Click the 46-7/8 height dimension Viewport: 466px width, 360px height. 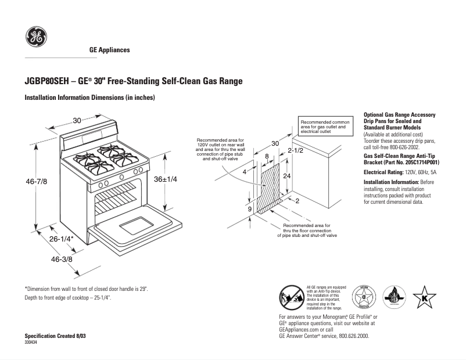coord(36,181)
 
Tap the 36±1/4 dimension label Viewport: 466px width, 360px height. coord(165,179)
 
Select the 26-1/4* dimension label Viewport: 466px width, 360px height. coord(60,239)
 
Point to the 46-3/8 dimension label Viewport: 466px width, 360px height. coord(61,259)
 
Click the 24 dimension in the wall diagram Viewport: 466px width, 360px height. coord(286,175)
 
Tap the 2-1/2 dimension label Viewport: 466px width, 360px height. coord(296,150)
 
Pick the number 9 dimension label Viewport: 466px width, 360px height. coord(249,208)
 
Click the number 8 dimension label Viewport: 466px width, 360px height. coord(267,156)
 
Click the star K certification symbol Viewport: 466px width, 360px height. coord(424,297)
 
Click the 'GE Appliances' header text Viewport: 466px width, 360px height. coord(109,50)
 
